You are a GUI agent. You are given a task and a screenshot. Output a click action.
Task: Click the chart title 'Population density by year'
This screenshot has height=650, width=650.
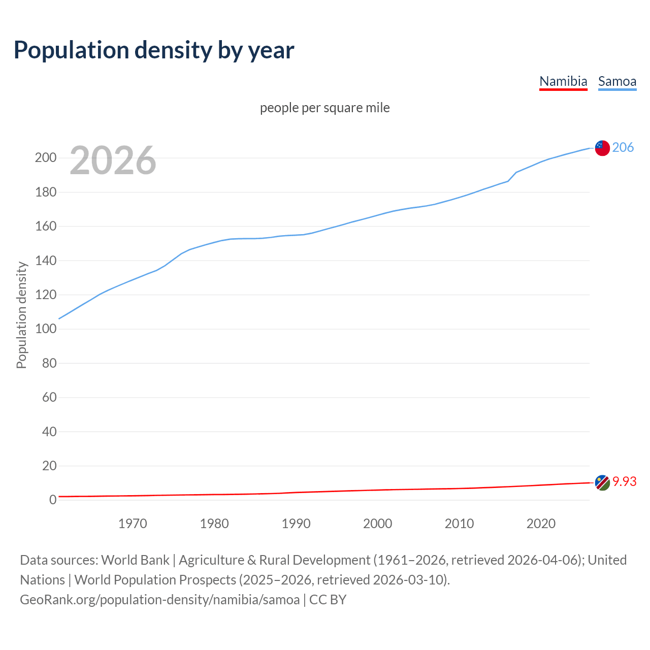tap(154, 50)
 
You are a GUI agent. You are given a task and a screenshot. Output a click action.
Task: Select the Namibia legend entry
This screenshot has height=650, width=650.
tap(563, 81)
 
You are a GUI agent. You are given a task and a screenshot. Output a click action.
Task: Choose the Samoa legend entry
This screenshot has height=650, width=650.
tap(617, 81)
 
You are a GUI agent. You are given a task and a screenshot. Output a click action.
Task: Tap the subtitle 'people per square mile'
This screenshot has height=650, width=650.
tap(325, 108)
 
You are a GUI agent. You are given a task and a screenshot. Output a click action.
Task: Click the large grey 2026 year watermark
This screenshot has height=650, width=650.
tap(113, 160)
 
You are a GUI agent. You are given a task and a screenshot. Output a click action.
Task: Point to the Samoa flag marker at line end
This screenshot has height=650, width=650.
tap(602, 148)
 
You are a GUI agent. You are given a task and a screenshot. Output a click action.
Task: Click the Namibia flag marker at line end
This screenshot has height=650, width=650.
tap(602, 482)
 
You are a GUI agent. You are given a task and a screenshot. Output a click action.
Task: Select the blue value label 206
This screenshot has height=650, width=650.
tap(623, 147)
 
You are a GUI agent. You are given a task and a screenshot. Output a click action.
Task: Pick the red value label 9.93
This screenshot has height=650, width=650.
tap(625, 481)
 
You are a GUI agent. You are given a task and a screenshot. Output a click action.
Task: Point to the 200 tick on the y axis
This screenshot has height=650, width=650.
tap(45, 157)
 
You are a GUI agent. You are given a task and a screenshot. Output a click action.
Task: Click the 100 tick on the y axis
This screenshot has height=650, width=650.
tap(45, 329)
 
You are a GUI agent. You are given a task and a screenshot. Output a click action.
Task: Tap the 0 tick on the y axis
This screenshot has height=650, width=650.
tap(52, 500)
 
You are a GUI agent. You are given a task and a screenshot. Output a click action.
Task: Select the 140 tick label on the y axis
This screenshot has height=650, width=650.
tap(45, 261)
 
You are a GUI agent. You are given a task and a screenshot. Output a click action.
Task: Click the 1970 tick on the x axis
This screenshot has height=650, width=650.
tap(133, 524)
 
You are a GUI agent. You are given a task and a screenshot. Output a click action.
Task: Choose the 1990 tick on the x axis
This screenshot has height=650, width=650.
tap(296, 524)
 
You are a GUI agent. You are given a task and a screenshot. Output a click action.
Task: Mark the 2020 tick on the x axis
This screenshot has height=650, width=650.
tap(541, 524)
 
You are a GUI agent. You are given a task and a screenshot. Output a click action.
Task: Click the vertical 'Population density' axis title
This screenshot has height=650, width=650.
tap(21, 315)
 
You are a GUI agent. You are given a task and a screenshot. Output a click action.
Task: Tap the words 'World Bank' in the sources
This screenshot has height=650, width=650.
tap(135, 560)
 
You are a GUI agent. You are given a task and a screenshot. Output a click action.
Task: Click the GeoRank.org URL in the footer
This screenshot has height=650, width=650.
tap(160, 600)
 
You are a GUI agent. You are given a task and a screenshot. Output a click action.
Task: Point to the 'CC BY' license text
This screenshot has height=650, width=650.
tap(328, 600)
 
